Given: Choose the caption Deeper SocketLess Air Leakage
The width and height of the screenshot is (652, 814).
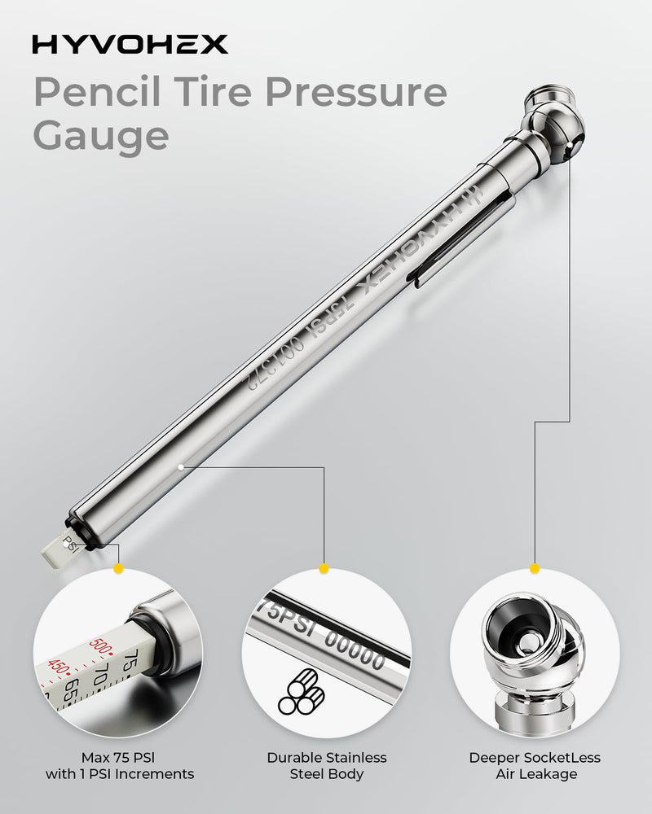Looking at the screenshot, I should click(534, 766).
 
